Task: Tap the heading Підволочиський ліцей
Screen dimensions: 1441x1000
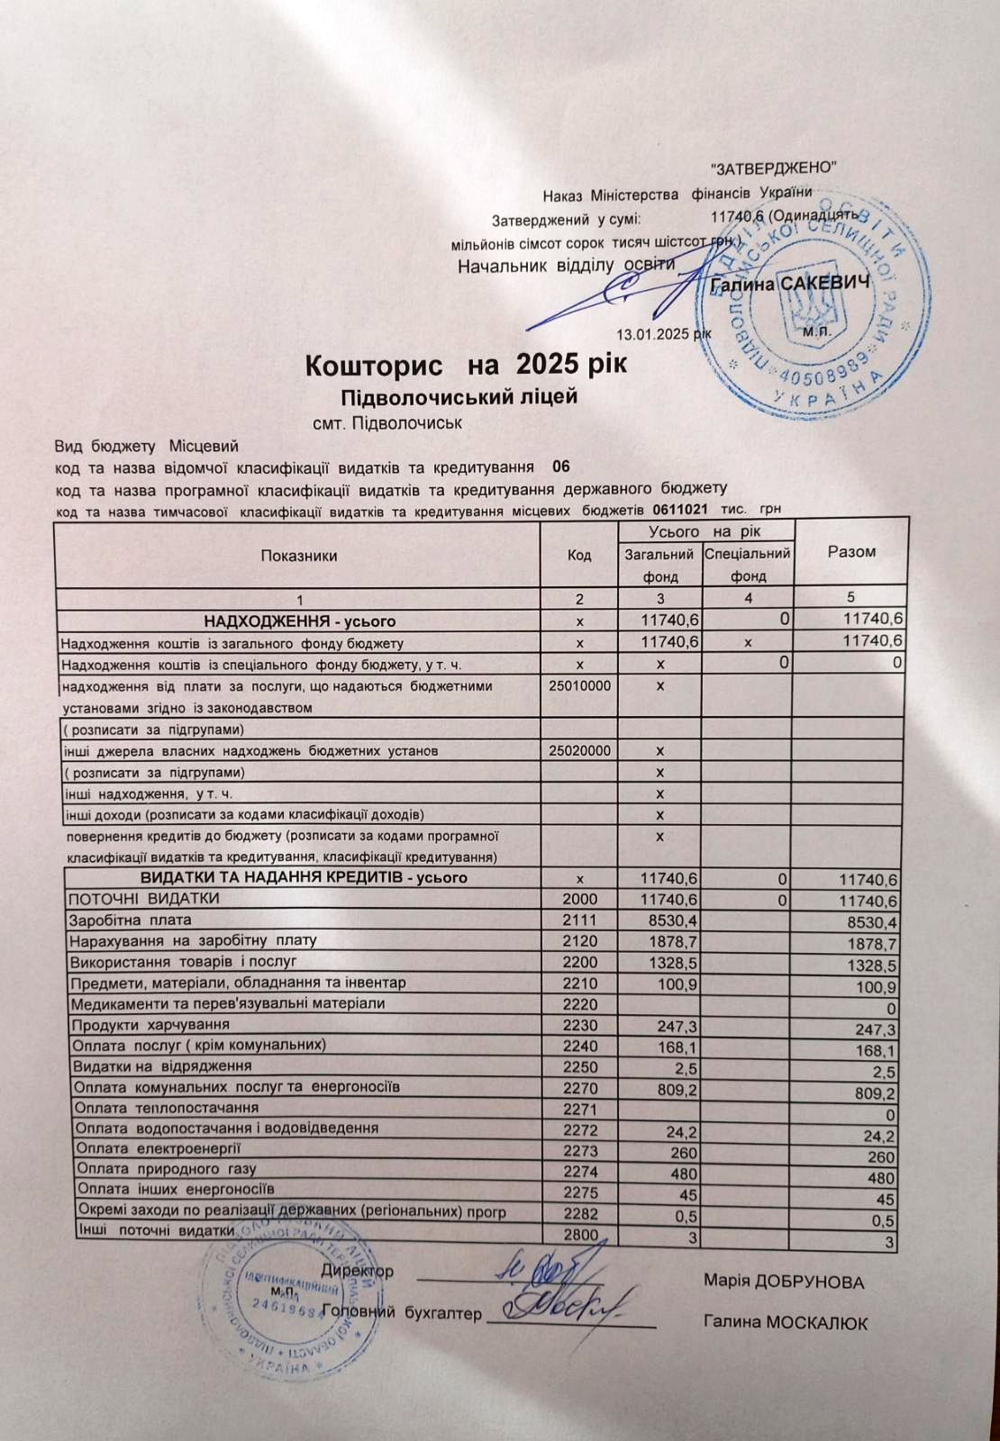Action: [457, 397]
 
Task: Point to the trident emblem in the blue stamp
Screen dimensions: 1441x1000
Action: [811, 303]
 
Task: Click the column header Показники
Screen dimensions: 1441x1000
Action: [298, 556]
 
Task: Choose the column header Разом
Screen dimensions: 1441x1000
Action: [850, 552]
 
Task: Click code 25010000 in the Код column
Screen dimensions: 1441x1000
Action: [579, 686]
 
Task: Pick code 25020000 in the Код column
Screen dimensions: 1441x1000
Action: [579, 750]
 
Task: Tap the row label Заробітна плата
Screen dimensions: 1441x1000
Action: [130, 920]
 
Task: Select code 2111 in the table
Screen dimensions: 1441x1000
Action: [579, 920]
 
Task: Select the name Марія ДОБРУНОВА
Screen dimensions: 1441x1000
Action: [784, 1282]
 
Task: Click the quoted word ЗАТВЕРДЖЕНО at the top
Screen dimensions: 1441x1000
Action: [775, 168]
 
